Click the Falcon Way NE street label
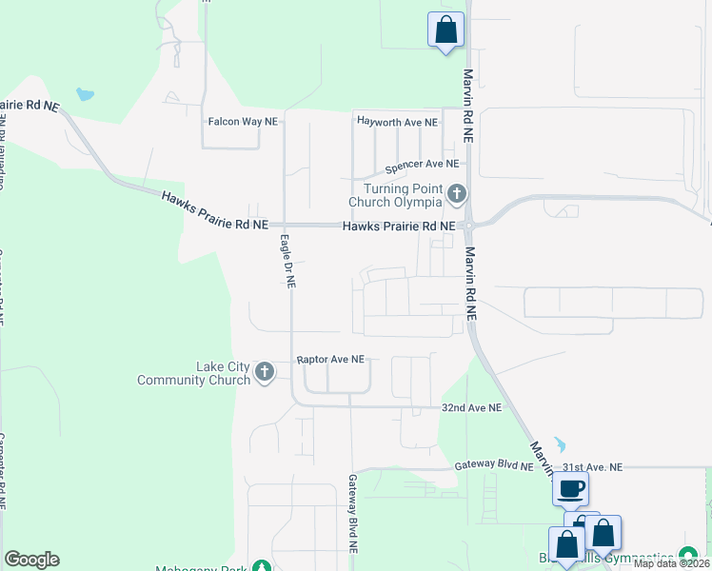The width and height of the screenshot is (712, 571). click(x=243, y=122)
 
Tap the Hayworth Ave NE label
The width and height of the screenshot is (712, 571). click(x=397, y=122)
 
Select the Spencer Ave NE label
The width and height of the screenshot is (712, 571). click(x=422, y=165)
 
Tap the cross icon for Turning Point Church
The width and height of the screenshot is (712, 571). click(x=457, y=195)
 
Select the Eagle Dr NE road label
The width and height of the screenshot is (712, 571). click(x=288, y=262)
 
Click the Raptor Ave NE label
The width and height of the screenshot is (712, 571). click(x=330, y=360)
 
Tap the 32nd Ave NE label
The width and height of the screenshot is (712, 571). click(x=470, y=407)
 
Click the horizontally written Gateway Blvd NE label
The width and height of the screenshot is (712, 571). click(x=493, y=465)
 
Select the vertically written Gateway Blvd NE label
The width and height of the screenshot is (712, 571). click(x=352, y=514)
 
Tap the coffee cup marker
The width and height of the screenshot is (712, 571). click(x=570, y=490)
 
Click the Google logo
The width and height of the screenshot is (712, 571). click(x=31, y=560)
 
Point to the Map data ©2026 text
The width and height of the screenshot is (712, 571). click(x=672, y=563)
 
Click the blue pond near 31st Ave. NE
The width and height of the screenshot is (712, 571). click(x=559, y=444)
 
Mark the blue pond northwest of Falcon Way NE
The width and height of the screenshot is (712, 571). click(x=86, y=95)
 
